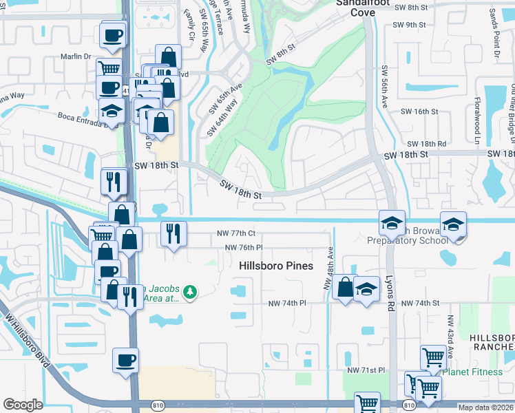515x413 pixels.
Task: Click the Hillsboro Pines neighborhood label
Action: click(x=275, y=266)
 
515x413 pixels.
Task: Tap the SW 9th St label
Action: click(x=411, y=25)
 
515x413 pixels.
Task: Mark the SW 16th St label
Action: click(x=419, y=112)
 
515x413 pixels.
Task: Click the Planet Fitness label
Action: click(x=469, y=372)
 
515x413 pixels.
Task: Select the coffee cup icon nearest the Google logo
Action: click(x=125, y=360)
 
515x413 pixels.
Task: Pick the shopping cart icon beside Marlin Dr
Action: click(x=109, y=68)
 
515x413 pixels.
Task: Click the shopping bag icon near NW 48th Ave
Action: click(x=345, y=286)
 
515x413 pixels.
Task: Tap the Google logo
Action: click(x=23, y=405)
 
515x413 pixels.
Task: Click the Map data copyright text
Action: click(x=486, y=407)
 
